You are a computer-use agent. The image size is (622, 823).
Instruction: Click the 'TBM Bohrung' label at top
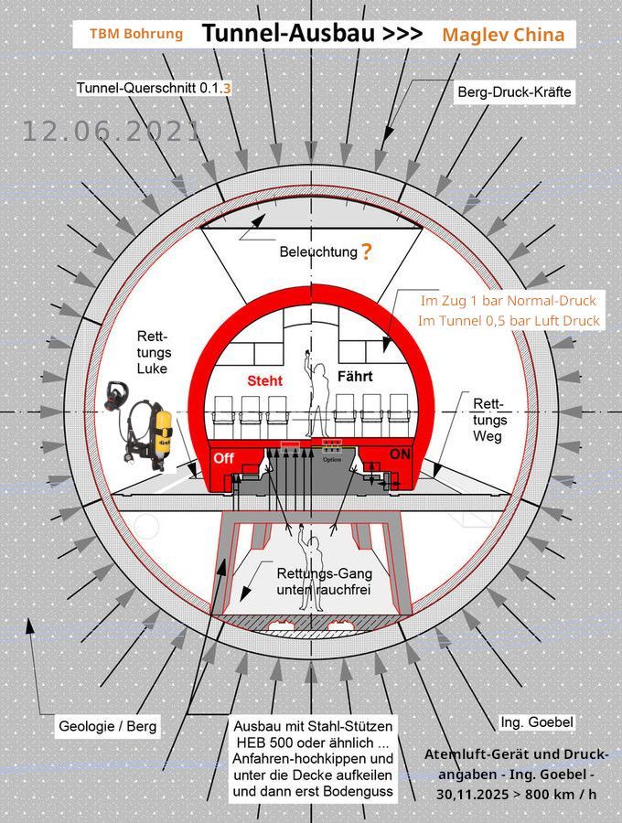136,34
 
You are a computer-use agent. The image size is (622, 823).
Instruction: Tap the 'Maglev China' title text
503,35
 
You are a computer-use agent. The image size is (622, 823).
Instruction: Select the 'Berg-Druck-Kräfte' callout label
514,91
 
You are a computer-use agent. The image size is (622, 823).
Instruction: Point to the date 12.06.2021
112,131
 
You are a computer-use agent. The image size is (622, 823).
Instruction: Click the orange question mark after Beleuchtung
366,252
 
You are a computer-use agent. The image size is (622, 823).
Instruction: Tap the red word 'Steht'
264,380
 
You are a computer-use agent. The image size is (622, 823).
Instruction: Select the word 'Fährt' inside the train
355,377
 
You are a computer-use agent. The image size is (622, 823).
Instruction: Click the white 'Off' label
223,458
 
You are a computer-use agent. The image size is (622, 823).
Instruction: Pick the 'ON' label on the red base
400,454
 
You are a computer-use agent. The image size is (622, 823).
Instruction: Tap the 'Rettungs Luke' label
155,352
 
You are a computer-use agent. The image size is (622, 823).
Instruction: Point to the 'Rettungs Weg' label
489,420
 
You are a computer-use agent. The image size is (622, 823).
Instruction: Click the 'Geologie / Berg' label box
108,726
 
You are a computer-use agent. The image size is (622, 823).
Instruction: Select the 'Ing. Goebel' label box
536,722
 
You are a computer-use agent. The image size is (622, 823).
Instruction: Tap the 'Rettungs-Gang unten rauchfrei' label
325,582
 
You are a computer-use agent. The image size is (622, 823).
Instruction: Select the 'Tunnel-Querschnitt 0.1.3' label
154,88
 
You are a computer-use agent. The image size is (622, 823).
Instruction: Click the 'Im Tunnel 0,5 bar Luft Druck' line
509,321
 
